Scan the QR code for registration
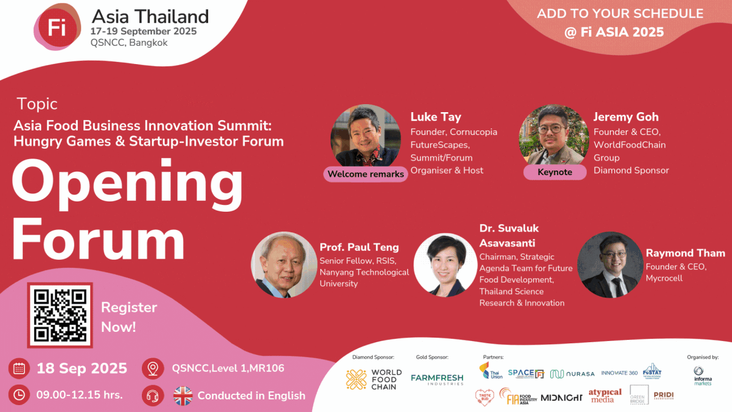[x=60, y=315]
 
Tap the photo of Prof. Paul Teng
[x=284, y=265]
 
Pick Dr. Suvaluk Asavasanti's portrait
[x=445, y=265]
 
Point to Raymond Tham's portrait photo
[x=610, y=265]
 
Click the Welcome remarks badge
[x=365, y=174]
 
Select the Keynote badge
[x=555, y=172]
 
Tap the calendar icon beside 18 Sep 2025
[x=19, y=369]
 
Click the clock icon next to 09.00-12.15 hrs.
[x=19, y=395]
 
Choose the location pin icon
[x=153, y=369]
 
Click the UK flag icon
[x=183, y=395]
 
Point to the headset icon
[x=153, y=395]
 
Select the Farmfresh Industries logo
[x=437, y=379]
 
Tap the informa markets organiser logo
[x=702, y=375]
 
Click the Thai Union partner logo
[x=491, y=371]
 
